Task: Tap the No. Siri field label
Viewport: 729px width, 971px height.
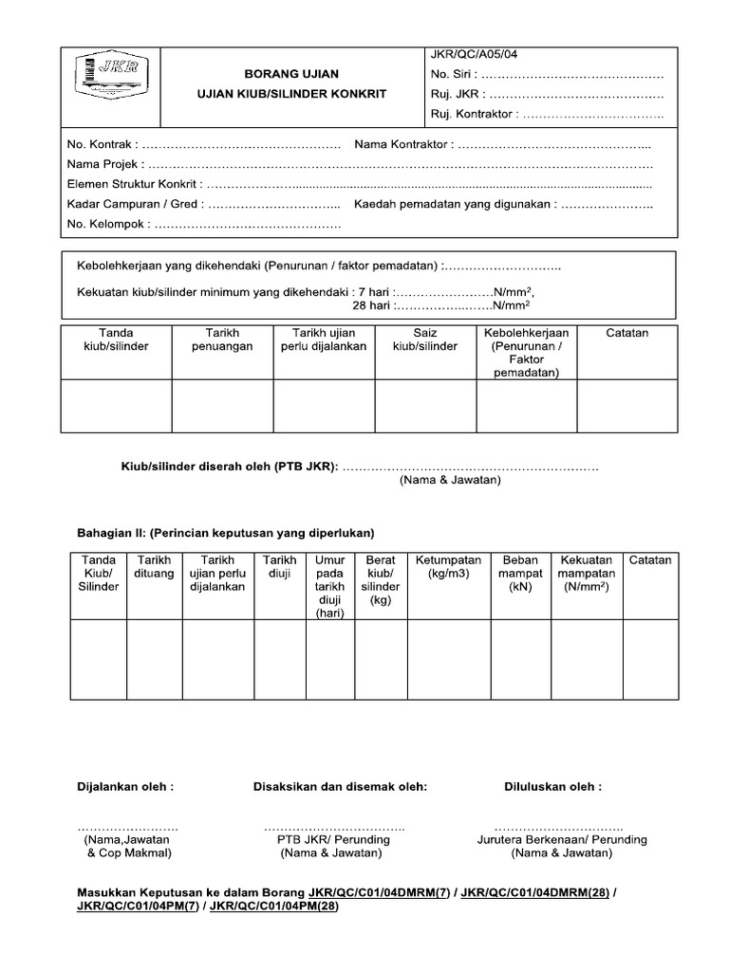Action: coord(454,75)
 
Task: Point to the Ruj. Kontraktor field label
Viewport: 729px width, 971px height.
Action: coord(473,115)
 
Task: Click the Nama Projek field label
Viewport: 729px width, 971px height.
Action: coord(103,164)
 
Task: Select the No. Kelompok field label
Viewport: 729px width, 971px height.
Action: coord(106,225)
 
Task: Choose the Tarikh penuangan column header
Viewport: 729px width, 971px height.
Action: coord(223,339)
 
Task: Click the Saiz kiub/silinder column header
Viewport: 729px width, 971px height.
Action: coord(425,339)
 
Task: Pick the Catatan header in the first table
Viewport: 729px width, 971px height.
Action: coord(626,333)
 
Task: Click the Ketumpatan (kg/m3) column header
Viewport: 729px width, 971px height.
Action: coord(449,567)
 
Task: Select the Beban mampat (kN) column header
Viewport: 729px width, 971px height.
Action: coord(520,574)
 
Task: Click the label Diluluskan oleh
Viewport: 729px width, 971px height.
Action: coord(552,786)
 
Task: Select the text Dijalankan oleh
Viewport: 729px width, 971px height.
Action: coord(125,786)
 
